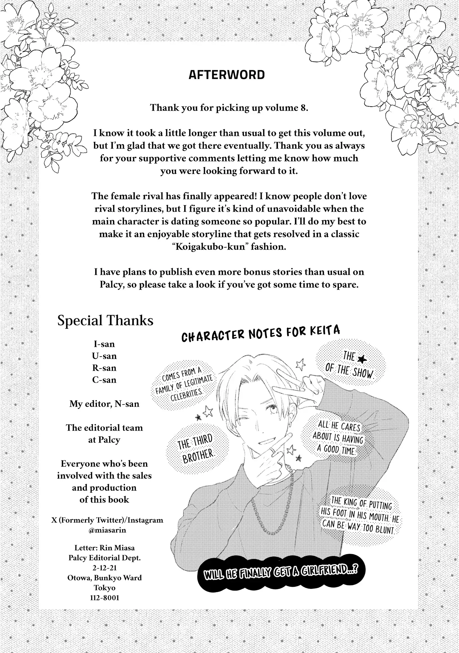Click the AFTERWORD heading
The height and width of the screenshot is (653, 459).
[x=227, y=75]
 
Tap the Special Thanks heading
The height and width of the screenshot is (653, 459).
[x=105, y=320]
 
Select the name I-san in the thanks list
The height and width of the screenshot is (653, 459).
[x=104, y=344]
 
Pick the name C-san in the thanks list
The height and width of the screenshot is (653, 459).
[x=104, y=380]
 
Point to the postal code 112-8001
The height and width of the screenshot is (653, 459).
[x=104, y=598]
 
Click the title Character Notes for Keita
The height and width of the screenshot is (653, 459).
[x=260, y=335]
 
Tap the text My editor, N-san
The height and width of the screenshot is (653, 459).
[x=104, y=404]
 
